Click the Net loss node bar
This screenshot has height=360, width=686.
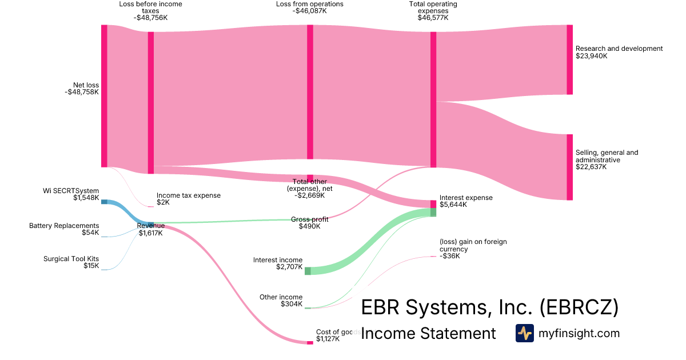(x=104, y=96)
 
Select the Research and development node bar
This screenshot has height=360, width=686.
(x=569, y=59)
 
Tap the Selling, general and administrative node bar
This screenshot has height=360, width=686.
(x=569, y=167)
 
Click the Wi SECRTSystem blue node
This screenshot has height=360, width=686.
(x=104, y=202)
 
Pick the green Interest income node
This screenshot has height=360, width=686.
(x=308, y=271)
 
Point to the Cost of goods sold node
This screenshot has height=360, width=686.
(x=310, y=342)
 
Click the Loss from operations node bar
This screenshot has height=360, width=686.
(x=310, y=92)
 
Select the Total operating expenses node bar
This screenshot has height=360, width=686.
(x=433, y=99)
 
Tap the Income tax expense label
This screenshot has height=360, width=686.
(x=188, y=195)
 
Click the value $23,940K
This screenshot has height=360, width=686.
(x=592, y=56)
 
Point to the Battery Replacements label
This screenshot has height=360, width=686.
(x=64, y=226)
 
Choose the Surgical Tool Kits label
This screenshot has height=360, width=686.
(x=71, y=259)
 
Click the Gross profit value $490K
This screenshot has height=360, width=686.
(x=309, y=226)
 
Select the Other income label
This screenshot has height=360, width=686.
(x=281, y=297)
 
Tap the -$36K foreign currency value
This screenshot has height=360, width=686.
(x=449, y=256)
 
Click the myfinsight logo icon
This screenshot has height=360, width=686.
(x=524, y=333)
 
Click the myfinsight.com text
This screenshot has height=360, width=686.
(x=579, y=333)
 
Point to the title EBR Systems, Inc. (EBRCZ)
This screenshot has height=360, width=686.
(x=490, y=307)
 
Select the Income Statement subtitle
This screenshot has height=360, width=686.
(x=428, y=333)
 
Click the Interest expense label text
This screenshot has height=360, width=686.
(x=466, y=198)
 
